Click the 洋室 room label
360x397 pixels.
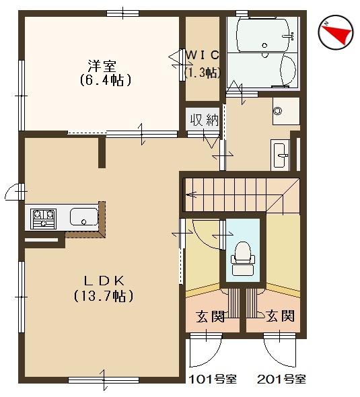pyautogui.click(x=102, y=66)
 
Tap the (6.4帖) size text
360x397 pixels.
pyautogui.click(x=106, y=80)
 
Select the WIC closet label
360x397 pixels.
pyautogui.click(x=203, y=55)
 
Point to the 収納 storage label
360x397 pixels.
pyautogui.click(x=205, y=120)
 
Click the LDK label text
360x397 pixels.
pyautogui.click(x=104, y=281)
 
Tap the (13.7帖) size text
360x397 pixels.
pyautogui.click(x=104, y=295)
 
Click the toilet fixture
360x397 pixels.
pyautogui.click(x=243, y=258)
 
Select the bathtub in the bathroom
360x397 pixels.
pyautogui.click(x=264, y=35)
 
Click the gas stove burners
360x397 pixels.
pyautogui.click(x=43, y=219)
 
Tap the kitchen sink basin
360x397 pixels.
pyautogui.click(x=84, y=217)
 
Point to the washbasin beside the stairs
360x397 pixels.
pyautogui.click(x=280, y=155)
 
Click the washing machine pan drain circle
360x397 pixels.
pyautogui.click(x=278, y=111)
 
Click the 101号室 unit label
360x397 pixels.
pyautogui.click(x=213, y=380)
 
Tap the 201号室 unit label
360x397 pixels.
pyautogui.click(x=282, y=380)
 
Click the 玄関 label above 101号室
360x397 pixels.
pyautogui.click(x=211, y=316)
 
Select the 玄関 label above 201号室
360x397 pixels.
pyautogui.click(x=281, y=316)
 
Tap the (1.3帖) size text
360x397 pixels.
pyautogui.click(x=203, y=73)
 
